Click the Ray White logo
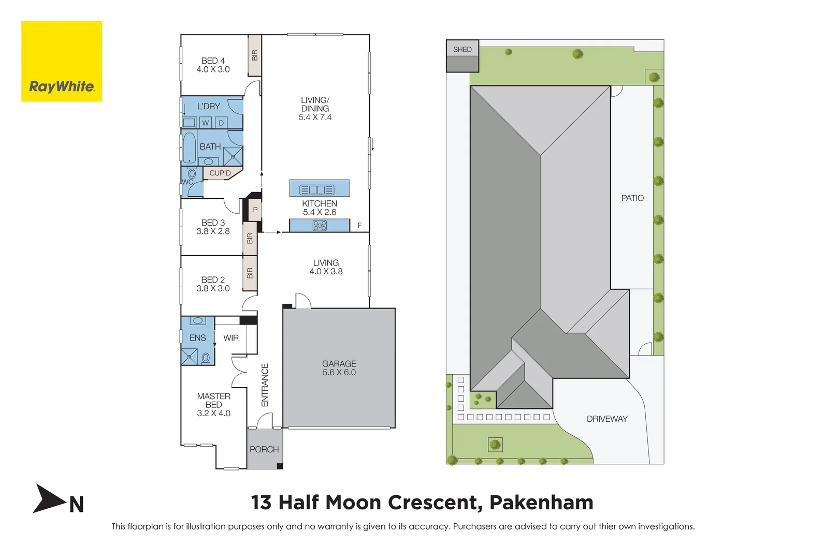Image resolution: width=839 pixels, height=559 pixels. point(62,61)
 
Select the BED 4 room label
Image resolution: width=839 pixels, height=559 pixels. point(213,65)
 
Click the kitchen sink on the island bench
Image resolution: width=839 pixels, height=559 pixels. point(317,190)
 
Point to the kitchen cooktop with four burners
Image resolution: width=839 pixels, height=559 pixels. point(320,226)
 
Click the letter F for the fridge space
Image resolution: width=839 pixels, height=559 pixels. point(359,226)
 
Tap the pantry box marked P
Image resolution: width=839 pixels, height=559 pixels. point(255,210)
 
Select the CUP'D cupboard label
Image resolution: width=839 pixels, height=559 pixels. point(220,173)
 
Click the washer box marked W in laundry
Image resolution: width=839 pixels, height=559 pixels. point(206,123)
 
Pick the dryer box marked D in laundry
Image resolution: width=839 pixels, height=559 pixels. point(221,123)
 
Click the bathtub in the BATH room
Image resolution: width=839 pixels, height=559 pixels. point(189,148)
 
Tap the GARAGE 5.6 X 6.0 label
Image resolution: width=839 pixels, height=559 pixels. point(339,368)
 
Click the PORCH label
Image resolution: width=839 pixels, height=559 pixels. point(264,449)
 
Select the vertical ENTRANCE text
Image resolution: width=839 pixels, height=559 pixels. point(265,385)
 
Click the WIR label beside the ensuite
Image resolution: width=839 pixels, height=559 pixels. point(231,338)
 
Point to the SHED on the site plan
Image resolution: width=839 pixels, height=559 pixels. point(462,55)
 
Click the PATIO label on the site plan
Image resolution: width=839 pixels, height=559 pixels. point(632,198)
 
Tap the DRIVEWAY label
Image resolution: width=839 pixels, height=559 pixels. point(607,419)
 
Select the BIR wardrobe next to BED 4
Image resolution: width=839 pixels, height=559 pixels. point(254,55)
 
